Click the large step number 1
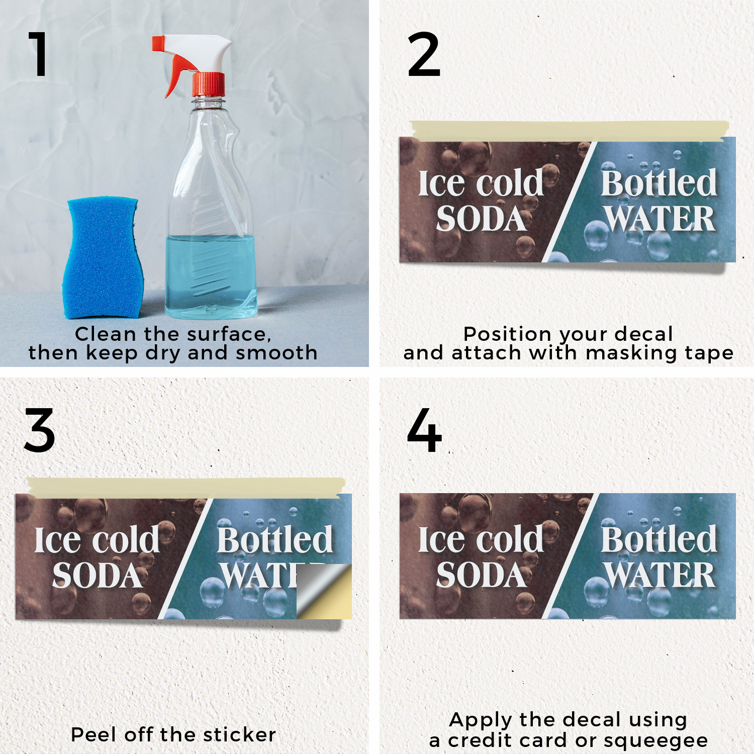pos(39,54)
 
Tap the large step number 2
pos(424,54)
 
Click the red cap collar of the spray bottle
pos(209,84)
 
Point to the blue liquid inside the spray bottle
pos(211,276)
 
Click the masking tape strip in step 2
pos(569,131)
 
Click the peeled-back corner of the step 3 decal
pos(324,592)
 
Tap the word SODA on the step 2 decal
pos(481,219)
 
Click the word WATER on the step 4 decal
pos(659,575)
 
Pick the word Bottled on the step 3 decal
pos(275,540)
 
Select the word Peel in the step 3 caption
pos(95,734)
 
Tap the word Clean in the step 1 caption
pos(106,334)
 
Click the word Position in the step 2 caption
pos(508,334)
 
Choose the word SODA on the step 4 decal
pos(481,575)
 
